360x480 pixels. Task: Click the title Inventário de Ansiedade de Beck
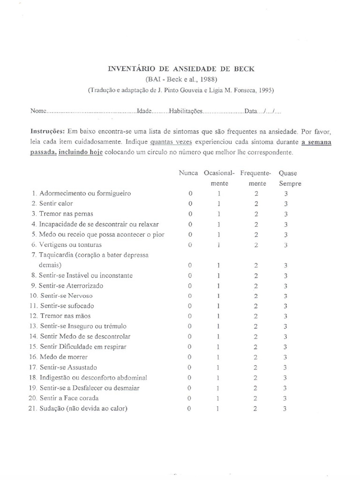click(181, 68)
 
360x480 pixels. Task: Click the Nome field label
click(38, 112)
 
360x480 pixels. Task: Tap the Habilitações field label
click(186, 112)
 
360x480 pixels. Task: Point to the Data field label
click(251, 112)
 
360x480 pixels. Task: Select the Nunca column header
click(188, 173)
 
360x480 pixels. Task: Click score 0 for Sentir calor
click(190, 203)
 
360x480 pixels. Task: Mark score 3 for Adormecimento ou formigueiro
click(285, 193)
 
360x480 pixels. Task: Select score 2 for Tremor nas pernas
click(256, 214)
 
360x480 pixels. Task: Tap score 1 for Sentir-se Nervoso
click(219, 296)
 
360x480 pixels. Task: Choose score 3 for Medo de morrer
click(285, 357)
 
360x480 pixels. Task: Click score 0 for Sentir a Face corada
click(190, 398)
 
